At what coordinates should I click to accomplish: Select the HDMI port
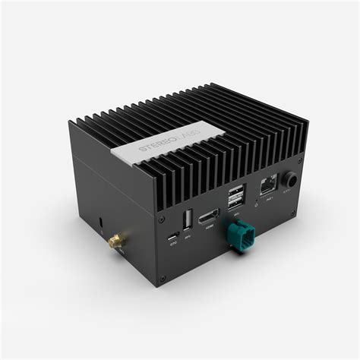point(209,216)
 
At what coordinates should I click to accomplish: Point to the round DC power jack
point(291,179)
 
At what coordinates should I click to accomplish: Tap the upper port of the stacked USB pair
point(236,191)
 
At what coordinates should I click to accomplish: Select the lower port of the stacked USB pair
point(236,201)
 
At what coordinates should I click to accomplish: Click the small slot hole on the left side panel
point(102,223)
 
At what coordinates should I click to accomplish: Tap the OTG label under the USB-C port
point(174,243)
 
